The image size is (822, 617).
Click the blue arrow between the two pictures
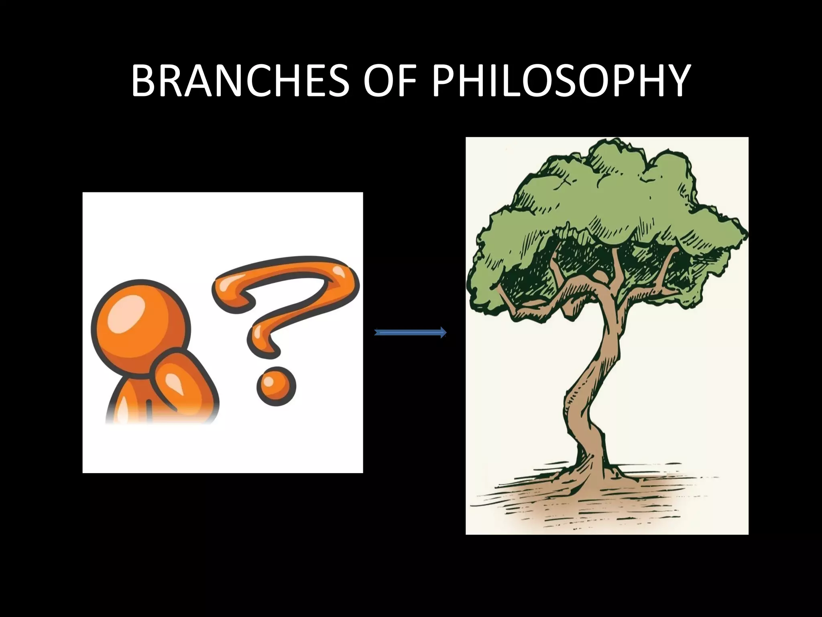pyautogui.click(x=409, y=333)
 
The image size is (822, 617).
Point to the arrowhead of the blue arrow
pyautogui.click(x=443, y=333)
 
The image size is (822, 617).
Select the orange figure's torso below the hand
pyautogui.click(x=132, y=406)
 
